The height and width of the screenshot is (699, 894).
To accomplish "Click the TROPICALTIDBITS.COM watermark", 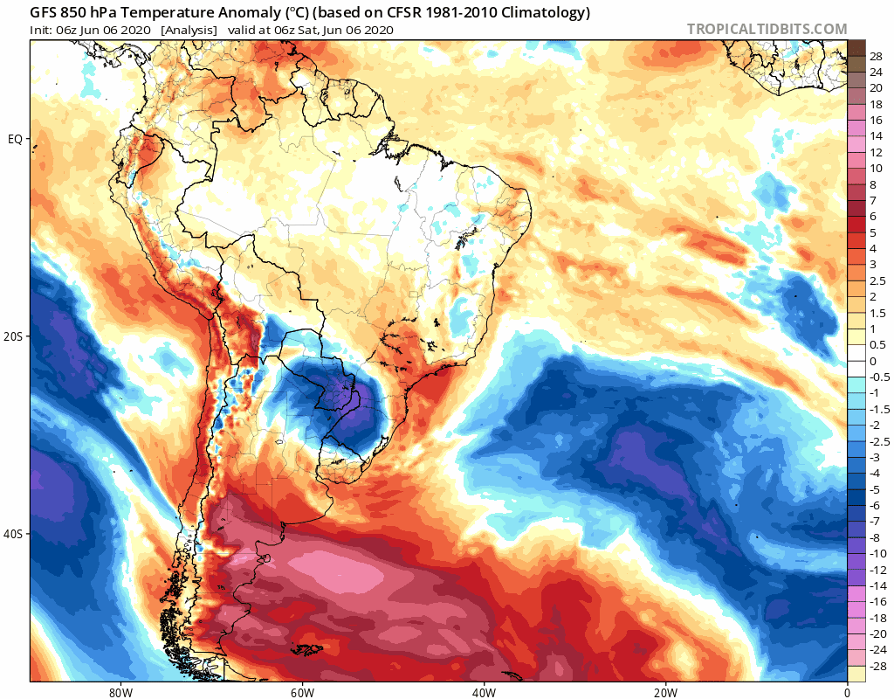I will pos(767,29).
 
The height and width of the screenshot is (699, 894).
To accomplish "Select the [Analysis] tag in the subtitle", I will pos(189,30).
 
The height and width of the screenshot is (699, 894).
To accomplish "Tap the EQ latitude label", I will pos(15,139).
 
